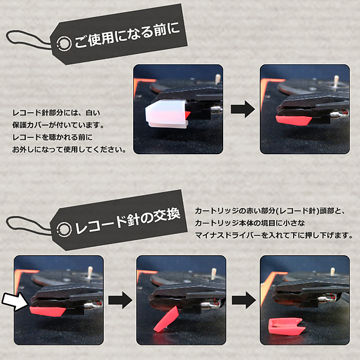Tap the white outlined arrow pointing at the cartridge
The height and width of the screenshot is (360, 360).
[x=15, y=301]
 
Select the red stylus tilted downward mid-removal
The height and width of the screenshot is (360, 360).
[x=166, y=319]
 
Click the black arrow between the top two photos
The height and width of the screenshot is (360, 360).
[x=243, y=109]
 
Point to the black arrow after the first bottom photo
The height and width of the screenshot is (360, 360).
[x=120, y=300]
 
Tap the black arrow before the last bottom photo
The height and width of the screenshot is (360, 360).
[x=244, y=300]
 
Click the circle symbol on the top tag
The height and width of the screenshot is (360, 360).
[x=64, y=43]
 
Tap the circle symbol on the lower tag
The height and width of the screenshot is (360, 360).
[x=64, y=229]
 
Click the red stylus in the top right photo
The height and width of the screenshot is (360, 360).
[x=294, y=120]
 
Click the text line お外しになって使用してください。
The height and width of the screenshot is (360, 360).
[x=69, y=150]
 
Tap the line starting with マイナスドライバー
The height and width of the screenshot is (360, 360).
[x=274, y=236]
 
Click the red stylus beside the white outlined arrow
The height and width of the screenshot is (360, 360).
[x=48, y=311]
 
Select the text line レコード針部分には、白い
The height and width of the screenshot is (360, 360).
[x=57, y=113]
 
